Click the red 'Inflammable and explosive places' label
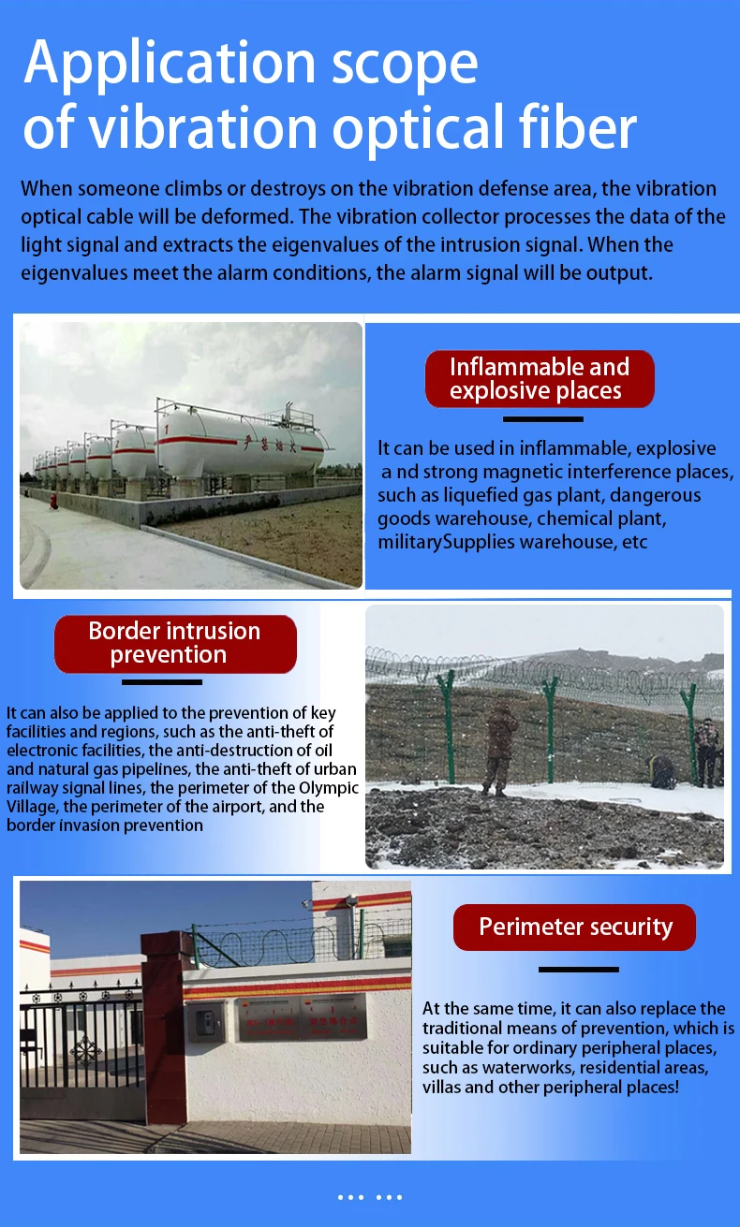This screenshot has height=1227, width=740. tap(539, 379)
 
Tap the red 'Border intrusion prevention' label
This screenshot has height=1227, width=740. tap(175, 643)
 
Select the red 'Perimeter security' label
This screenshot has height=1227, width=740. tap(575, 927)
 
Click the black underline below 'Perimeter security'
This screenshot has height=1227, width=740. tap(578, 969)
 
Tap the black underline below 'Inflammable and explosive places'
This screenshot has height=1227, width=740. tap(543, 418)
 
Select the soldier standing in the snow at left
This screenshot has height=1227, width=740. tap(502, 745)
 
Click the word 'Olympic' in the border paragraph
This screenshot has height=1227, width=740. tap(331, 787)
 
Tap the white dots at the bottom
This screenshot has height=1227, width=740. tap(370, 1196)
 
